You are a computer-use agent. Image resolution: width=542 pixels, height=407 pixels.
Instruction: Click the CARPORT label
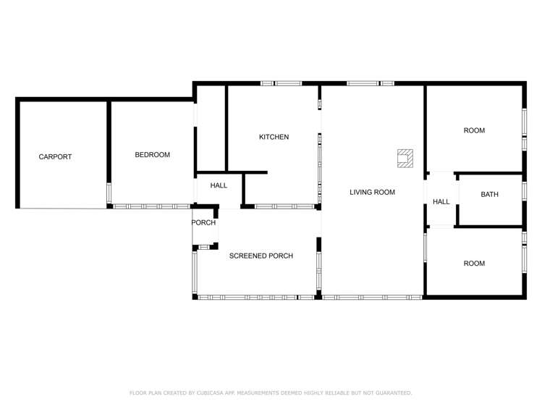click(55, 156)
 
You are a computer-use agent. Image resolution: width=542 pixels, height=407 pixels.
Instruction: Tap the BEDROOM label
click(152, 155)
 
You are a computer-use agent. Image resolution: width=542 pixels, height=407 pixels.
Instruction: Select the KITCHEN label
click(274, 137)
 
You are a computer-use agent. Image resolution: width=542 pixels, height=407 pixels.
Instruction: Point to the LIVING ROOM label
click(372, 192)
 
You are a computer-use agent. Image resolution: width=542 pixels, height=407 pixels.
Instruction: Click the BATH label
click(489, 194)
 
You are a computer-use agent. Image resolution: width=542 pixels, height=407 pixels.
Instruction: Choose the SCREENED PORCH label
click(261, 256)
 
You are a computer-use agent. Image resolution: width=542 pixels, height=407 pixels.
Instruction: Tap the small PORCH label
click(203, 222)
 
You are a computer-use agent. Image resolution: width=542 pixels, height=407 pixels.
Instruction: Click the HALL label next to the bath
click(441, 202)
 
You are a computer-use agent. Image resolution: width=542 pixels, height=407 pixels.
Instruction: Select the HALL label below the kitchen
click(219, 185)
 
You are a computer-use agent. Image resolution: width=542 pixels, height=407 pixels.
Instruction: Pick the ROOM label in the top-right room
click(474, 130)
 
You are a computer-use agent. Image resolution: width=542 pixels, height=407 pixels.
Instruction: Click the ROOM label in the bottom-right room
click(474, 264)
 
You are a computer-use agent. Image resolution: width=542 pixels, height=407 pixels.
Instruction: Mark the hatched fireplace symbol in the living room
click(405, 159)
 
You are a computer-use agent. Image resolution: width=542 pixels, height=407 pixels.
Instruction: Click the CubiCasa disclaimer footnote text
click(271, 393)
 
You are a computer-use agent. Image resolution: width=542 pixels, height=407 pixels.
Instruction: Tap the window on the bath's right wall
click(523, 190)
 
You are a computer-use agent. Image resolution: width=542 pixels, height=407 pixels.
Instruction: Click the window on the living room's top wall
click(370, 83)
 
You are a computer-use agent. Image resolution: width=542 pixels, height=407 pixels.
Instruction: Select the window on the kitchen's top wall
click(281, 83)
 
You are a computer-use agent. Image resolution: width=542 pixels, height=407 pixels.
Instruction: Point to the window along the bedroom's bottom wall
click(145, 206)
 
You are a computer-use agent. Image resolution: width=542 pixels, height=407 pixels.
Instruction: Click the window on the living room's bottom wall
click(372, 297)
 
